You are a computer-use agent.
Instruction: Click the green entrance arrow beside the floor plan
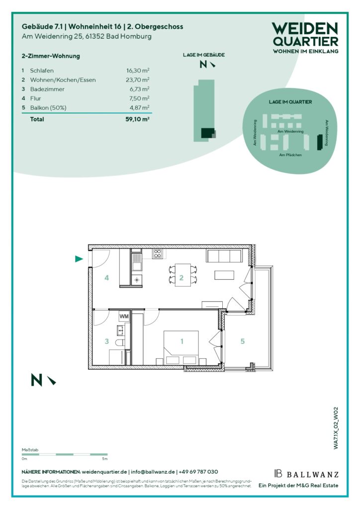click(79, 258)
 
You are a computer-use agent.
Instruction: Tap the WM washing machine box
click(124, 316)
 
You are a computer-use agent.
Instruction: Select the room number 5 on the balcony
click(243, 341)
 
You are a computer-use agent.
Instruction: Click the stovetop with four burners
click(158, 254)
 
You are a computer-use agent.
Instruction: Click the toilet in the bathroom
click(120, 342)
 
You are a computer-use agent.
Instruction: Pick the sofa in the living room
click(224, 256)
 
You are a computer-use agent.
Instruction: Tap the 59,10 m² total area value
click(137, 119)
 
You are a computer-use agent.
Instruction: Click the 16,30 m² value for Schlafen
click(138, 71)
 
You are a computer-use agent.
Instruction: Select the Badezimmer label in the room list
click(47, 89)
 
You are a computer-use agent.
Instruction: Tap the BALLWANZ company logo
click(306, 474)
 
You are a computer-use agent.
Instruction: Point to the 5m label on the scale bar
click(104, 459)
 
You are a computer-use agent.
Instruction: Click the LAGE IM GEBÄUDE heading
click(203, 55)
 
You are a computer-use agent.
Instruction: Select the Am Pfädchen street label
click(290, 155)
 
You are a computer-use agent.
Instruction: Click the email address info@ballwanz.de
click(153, 472)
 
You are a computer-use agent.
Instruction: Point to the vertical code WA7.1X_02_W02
click(336, 428)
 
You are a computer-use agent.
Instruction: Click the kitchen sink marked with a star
click(137, 279)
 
